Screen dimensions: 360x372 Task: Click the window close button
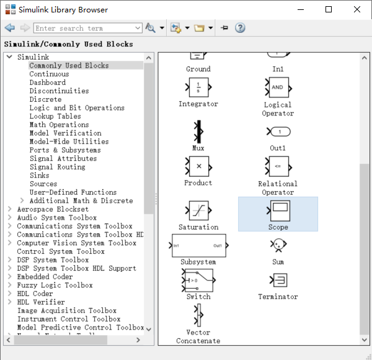pos(357,9)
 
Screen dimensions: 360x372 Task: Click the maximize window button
pos(329,9)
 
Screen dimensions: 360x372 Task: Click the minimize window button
pos(300,9)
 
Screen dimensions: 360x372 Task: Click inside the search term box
pos(87,28)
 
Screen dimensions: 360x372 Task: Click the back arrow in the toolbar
pos(9,28)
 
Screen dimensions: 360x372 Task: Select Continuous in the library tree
pos(49,74)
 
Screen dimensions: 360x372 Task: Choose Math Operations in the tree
pos(59,125)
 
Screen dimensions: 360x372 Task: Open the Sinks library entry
pos(39,176)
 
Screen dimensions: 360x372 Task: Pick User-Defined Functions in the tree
pos(73,192)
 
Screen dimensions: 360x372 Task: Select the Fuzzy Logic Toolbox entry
pos(55,286)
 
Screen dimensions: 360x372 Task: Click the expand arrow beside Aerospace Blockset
pos(10,210)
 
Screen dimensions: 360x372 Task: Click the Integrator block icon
pos(198,86)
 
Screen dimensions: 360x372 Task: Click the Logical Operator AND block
pos(277,87)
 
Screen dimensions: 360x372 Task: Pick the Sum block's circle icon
pos(278,246)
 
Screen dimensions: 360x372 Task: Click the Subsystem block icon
pos(198,246)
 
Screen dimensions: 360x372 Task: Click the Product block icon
pos(198,166)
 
